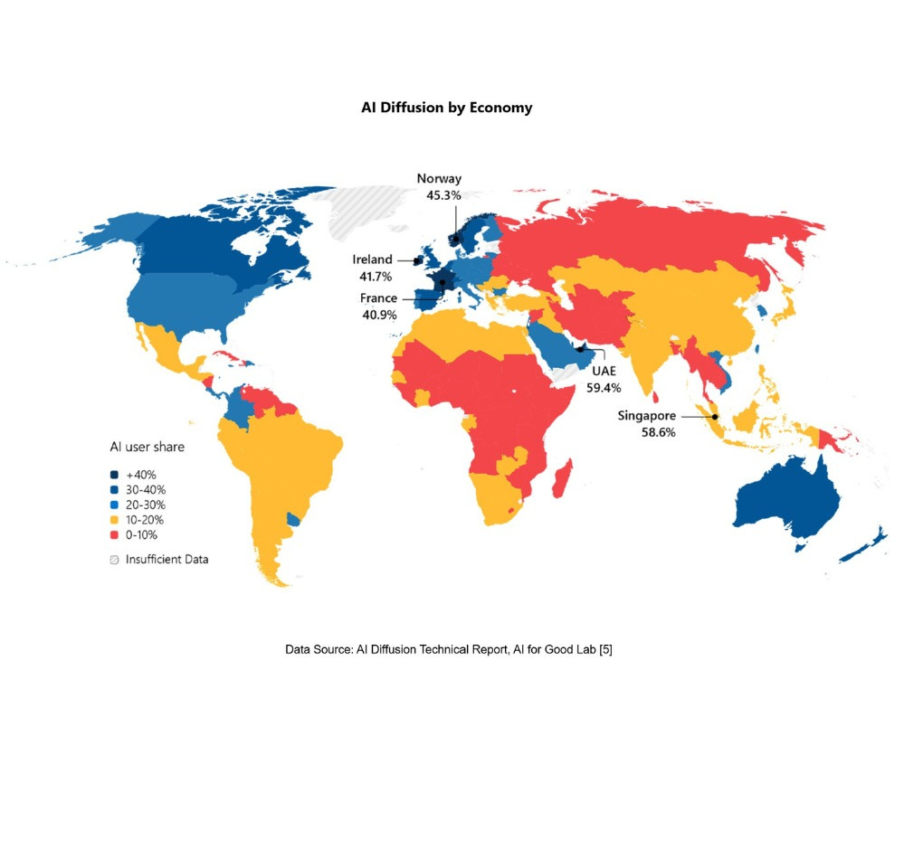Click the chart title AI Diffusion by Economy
447,108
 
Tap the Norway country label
439,179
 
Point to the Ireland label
372,260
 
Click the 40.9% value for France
377,316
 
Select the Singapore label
646,416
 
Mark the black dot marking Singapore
715,417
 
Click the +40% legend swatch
114,475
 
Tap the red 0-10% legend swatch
114,535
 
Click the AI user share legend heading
147,447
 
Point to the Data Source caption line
449,649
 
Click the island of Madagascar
561,477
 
